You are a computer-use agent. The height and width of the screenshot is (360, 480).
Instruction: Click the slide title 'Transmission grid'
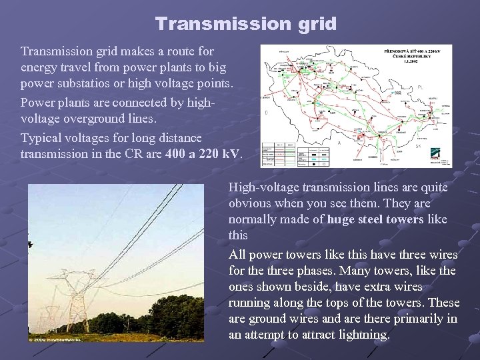tap(246, 24)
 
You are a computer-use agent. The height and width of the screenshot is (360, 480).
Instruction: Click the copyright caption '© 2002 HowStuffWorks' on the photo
tap(54, 339)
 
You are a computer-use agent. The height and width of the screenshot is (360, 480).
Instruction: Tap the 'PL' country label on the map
tap(420, 87)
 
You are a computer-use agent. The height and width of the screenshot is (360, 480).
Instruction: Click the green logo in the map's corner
tap(443, 152)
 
